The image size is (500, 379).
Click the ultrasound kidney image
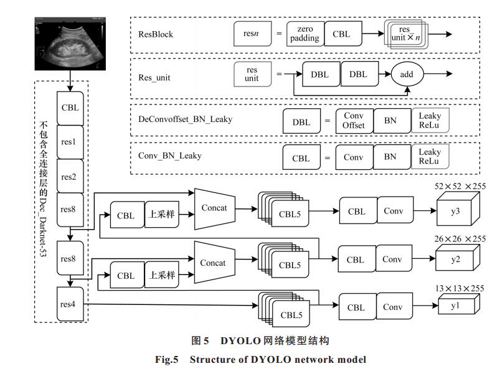pos(70,44)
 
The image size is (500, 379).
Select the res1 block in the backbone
pos(70,142)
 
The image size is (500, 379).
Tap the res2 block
pos(70,176)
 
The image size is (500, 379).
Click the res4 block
pos(70,304)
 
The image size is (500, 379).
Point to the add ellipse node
pos(407,74)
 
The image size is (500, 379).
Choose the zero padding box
pos(305,34)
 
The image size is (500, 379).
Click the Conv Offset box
pos(354,121)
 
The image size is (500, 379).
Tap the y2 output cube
pos(458,258)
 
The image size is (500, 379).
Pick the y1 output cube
pos(459,304)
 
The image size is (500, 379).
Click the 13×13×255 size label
pos(460,289)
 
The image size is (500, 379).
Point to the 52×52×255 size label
pos(460,186)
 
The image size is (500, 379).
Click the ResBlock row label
pos(156,34)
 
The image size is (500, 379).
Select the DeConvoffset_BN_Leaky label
pos(186,119)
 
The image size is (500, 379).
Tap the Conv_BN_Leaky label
pos(170,156)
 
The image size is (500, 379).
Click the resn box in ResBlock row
pos(252,34)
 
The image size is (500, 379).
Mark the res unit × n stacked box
pos(406,34)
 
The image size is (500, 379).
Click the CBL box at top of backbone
pos(70,108)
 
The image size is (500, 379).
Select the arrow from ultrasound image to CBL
pos(70,81)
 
